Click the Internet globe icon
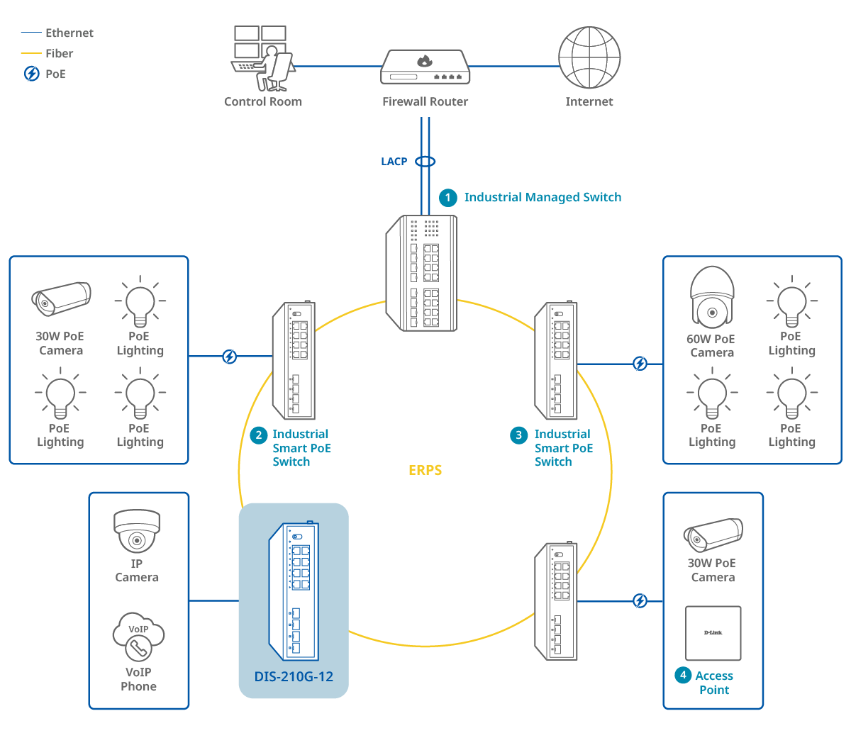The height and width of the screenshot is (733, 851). click(589, 57)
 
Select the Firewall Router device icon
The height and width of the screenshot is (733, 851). click(425, 68)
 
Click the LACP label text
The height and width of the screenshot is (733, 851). click(394, 162)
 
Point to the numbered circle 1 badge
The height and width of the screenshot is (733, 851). click(447, 198)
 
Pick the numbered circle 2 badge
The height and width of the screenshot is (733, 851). click(259, 435)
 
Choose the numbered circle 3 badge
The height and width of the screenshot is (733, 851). click(519, 435)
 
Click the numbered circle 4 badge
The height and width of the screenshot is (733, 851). click(683, 675)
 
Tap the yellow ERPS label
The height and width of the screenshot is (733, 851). click(425, 470)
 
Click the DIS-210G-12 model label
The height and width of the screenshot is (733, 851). click(294, 676)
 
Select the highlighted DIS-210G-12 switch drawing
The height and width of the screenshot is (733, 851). click(294, 592)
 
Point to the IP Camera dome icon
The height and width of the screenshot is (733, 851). click(137, 531)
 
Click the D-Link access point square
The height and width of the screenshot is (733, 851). click(713, 633)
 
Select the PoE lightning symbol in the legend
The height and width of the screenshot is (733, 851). click(32, 74)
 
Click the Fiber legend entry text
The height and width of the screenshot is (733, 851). click(60, 53)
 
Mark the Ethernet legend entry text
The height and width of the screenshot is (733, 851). click(69, 33)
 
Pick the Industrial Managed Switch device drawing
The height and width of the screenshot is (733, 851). click(422, 273)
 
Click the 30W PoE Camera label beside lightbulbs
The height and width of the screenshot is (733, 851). click(60, 343)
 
